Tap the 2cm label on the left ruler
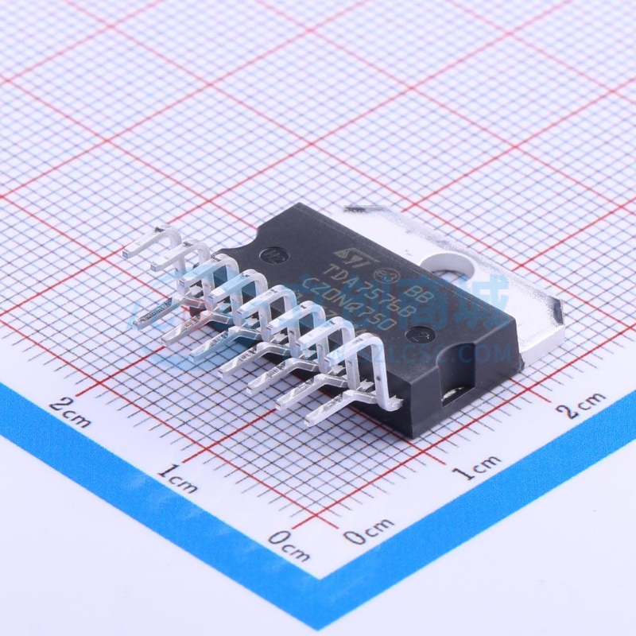70,411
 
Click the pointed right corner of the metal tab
563,306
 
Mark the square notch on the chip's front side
454,394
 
